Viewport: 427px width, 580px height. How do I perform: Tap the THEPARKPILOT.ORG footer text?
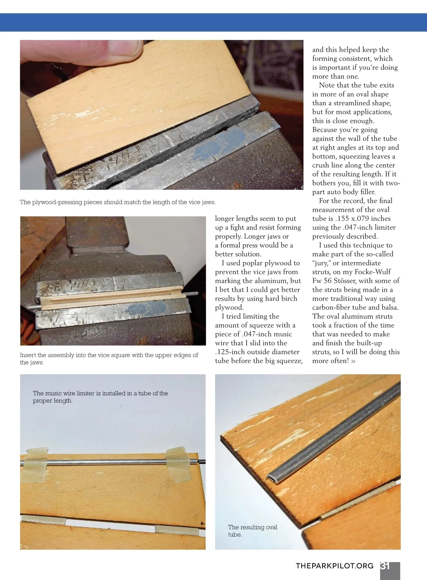(334, 566)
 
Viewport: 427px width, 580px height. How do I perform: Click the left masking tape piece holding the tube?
(35, 465)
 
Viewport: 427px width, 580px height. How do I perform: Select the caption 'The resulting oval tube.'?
(253, 531)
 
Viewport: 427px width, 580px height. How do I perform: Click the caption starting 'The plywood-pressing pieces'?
(118, 202)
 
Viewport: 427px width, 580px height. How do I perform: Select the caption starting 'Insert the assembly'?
(109, 359)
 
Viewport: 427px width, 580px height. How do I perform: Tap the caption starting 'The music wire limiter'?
(100, 397)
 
